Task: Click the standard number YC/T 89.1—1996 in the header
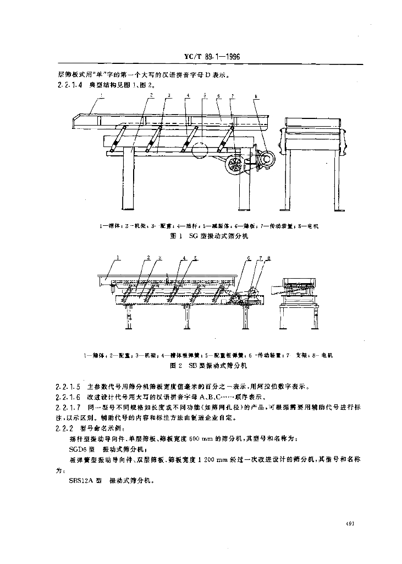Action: coord(211,57)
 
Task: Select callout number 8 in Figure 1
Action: coord(256,97)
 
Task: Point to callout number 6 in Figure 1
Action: coord(218,96)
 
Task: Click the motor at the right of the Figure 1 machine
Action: coord(266,160)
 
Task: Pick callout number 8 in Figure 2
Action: coord(268,258)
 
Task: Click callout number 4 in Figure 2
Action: coord(184,258)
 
